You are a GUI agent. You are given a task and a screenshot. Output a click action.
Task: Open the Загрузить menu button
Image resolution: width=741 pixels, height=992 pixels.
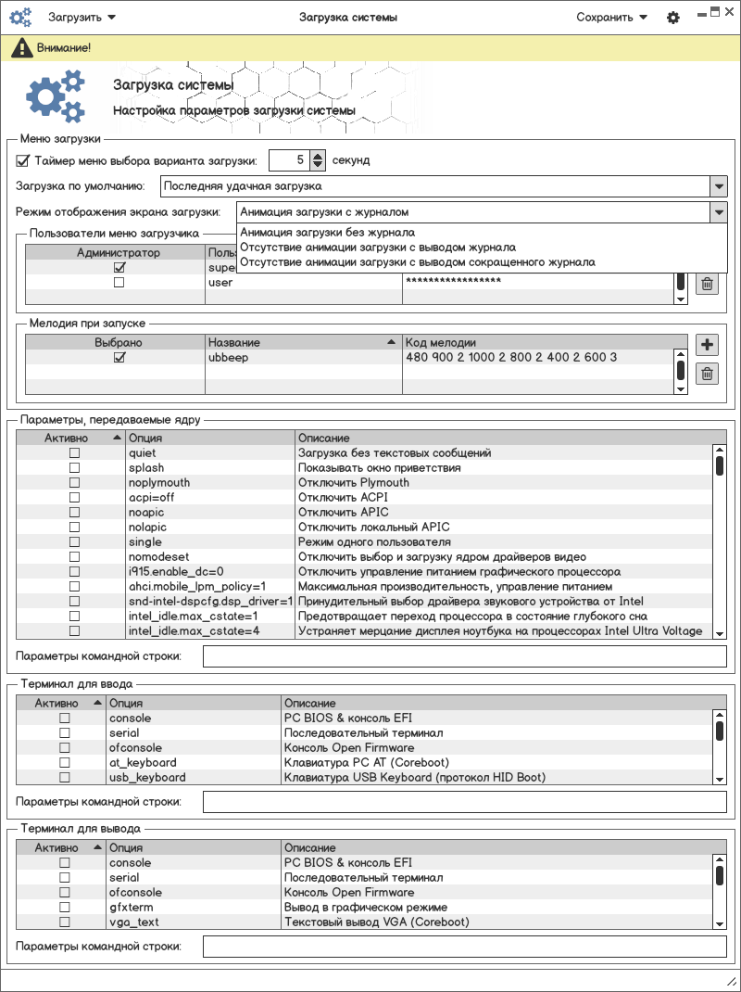tap(82, 18)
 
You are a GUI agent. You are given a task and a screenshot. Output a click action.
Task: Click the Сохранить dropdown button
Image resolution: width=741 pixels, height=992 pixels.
tap(611, 18)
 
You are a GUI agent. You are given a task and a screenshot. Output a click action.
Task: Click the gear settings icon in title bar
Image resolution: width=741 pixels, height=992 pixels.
tap(673, 18)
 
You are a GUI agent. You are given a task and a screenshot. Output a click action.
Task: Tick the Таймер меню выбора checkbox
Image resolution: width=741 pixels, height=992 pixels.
tap(23, 160)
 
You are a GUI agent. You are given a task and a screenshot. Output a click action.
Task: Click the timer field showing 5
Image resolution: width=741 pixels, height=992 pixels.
tap(289, 160)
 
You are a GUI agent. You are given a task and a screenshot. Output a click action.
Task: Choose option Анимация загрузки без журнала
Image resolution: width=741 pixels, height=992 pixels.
tap(327, 233)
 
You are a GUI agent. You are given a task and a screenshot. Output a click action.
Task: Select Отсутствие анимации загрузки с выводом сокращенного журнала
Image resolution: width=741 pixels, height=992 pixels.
tap(417, 262)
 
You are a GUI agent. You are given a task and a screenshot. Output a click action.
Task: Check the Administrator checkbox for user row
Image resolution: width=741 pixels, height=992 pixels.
tap(119, 282)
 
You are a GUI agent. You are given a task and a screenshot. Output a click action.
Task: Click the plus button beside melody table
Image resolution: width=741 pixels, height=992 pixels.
tap(707, 346)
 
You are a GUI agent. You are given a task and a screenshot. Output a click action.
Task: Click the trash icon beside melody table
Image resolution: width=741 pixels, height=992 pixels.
tap(707, 374)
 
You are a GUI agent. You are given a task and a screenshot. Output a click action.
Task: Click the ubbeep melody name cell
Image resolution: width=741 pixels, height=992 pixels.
tap(229, 357)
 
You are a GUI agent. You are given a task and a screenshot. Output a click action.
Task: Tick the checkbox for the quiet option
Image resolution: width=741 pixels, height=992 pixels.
tap(75, 453)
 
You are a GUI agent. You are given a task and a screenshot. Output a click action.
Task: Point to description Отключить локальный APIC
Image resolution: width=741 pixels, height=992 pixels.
tap(374, 528)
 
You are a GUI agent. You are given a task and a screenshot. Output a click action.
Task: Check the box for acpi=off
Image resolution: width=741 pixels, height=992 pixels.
tap(75, 498)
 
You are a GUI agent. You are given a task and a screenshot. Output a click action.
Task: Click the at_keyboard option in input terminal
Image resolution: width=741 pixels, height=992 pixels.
tap(143, 763)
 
